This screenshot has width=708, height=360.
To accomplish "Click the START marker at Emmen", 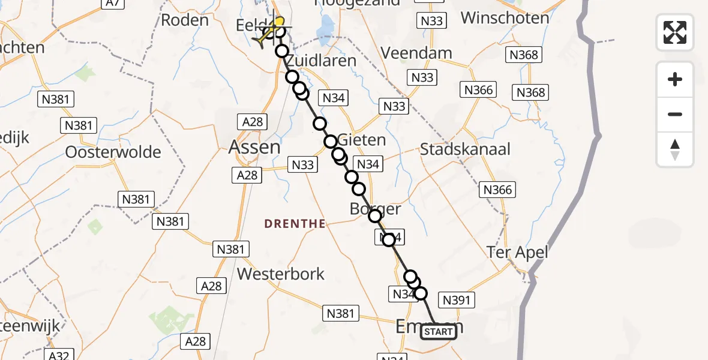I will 439,332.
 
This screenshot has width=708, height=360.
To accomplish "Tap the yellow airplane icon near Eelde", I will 269,33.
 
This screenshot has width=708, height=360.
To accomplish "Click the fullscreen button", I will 675,32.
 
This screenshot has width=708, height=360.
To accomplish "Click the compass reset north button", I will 675,149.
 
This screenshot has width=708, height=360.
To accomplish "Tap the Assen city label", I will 254,146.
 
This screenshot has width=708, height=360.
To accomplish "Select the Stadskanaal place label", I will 465,149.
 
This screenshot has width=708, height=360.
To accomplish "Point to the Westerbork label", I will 281,274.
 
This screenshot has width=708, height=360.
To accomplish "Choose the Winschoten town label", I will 505,17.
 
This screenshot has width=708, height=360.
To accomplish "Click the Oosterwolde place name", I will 113,152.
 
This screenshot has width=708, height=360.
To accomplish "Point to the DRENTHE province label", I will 295,224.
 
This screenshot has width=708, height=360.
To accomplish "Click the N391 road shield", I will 457,300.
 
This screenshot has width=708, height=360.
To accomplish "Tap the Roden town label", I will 185,20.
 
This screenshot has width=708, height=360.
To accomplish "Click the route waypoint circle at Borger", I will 375,216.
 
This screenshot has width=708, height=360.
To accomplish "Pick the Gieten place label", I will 362,140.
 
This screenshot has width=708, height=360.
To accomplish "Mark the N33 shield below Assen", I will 302,164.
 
